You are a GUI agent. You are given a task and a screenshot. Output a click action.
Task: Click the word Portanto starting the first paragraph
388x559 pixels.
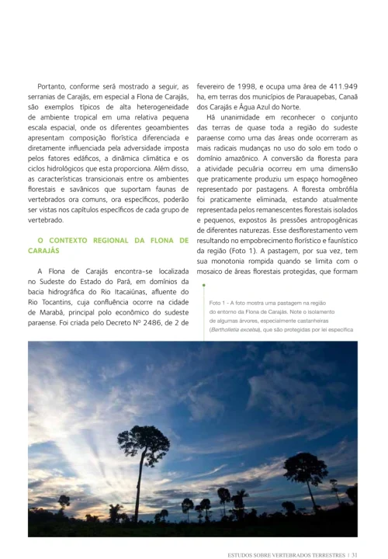[56, 86]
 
